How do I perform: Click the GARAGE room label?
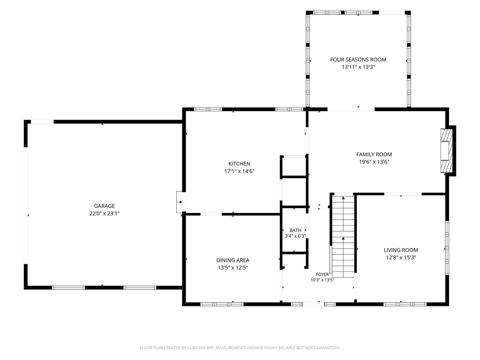pyautogui.click(x=104, y=206)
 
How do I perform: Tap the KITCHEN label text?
pyautogui.click(x=239, y=164)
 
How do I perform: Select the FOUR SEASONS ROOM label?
pyautogui.click(x=358, y=59)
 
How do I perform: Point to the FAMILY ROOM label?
pyautogui.click(x=374, y=154)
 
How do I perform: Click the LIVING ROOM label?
pyautogui.click(x=401, y=250)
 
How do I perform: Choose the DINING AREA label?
pyautogui.click(x=233, y=260)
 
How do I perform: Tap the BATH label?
pyautogui.click(x=295, y=230)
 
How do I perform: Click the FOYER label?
pyautogui.click(x=322, y=274)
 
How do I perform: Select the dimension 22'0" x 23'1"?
pyautogui.click(x=104, y=213)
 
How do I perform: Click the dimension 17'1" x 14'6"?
pyautogui.click(x=239, y=171)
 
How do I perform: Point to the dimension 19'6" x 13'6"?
pyautogui.click(x=374, y=162)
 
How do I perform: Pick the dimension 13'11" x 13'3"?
pyautogui.click(x=358, y=67)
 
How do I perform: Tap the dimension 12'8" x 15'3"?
pyautogui.click(x=401, y=257)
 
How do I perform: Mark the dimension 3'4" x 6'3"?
pyautogui.click(x=295, y=236)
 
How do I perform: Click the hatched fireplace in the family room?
pyautogui.click(x=446, y=151)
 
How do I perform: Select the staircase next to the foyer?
pyautogui.click(x=343, y=237)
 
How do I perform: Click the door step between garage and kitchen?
pyautogui.click(x=179, y=202)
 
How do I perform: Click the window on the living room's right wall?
pyautogui.click(x=447, y=248)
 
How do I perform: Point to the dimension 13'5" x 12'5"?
pyautogui.click(x=233, y=268)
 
